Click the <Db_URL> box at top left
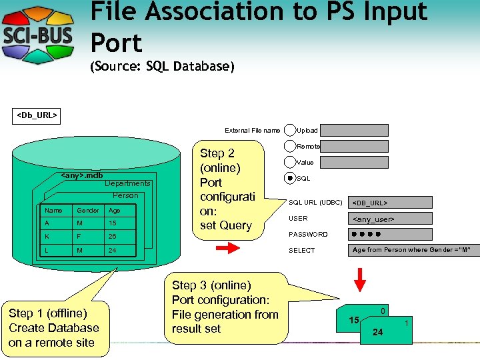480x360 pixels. pos(37,115)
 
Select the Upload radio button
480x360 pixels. pos(290,130)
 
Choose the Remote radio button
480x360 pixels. pos(290,146)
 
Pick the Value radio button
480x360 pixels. pos(290,162)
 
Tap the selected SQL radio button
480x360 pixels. pos(290,178)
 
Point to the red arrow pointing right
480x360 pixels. pos(227,249)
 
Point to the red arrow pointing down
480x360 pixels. pos(360,279)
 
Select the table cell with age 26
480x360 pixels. pos(113,236)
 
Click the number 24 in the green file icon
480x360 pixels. pos(377,332)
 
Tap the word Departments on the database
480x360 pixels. pos(128,183)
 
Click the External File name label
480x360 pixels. pos(252,131)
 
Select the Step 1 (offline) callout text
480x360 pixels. pos(53,328)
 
